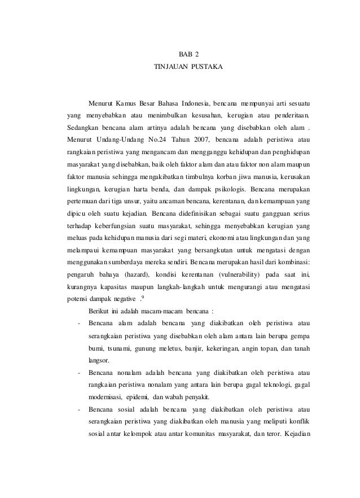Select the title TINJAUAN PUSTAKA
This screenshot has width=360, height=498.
click(x=188, y=68)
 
